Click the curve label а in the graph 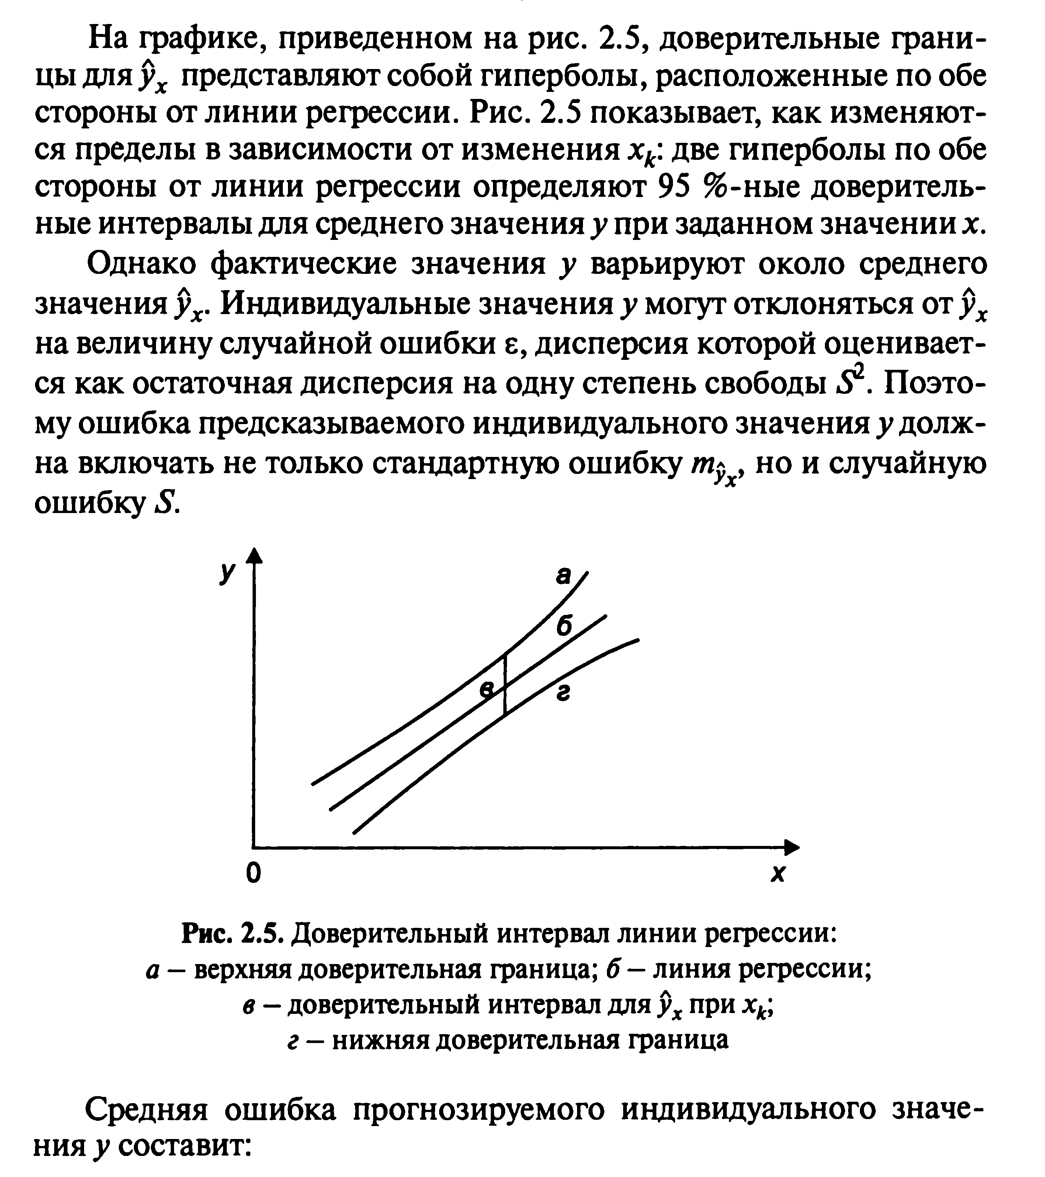click(563, 575)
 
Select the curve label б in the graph click(564, 626)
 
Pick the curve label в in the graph click(488, 690)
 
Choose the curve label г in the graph click(563, 695)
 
